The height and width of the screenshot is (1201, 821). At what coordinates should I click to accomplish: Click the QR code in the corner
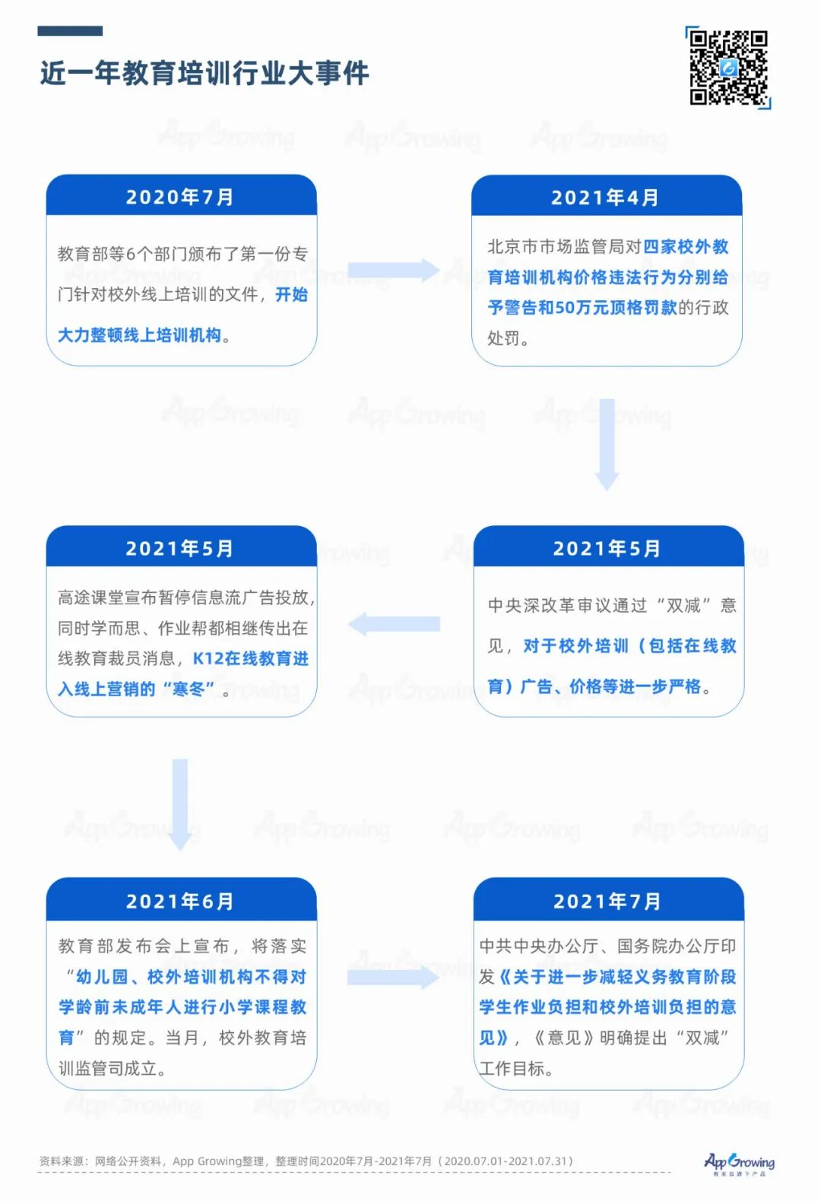coord(728,68)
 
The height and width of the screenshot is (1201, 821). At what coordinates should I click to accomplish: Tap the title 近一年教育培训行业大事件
coord(204,73)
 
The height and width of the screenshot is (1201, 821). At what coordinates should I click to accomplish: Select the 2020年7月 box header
coord(181,195)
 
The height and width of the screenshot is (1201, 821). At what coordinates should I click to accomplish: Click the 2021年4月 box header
coord(607,195)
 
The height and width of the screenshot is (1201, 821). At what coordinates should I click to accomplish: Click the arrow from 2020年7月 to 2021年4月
coord(394,271)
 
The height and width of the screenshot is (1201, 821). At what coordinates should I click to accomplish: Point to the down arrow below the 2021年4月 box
coord(607,445)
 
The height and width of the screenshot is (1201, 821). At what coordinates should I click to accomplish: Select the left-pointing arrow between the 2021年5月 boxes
coord(394,624)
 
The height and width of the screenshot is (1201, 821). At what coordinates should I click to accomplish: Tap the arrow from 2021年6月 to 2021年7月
coord(394,977)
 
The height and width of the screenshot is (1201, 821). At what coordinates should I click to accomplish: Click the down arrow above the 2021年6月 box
coord(180,804)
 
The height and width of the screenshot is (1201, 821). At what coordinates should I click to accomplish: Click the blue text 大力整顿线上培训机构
coord(139,335)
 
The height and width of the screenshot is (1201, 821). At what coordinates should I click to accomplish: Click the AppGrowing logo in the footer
coord(739,1165)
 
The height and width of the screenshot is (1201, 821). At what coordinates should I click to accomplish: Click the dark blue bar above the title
coord(70,31)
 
